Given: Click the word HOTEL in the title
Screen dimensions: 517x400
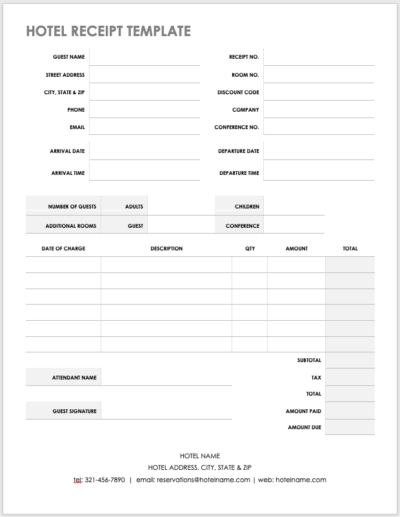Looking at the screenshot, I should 46,31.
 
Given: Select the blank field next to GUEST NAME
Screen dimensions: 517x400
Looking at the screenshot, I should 145,57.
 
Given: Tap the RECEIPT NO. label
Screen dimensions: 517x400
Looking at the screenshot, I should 244,57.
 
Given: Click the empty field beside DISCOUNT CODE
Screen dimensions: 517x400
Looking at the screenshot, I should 319,92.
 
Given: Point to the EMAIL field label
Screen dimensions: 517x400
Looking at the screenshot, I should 77,127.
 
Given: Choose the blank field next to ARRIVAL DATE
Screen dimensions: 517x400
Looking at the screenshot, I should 145,151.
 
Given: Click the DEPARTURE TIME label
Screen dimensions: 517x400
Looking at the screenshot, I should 239,173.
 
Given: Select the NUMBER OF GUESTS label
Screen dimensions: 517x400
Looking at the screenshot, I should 72,207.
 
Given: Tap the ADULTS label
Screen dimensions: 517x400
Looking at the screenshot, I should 134,207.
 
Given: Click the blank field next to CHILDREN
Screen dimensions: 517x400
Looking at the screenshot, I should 294,207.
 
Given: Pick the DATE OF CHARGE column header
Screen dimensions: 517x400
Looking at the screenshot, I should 63,248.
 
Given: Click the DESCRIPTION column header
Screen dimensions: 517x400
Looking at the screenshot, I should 166,248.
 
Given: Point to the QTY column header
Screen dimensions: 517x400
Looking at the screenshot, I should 250,248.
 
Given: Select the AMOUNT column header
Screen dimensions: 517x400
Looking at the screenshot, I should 297,248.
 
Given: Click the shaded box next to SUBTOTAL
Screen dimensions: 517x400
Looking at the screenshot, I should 350,360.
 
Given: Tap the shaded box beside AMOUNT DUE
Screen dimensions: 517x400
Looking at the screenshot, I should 350,427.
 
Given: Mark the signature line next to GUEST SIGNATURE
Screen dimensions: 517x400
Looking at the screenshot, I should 166,411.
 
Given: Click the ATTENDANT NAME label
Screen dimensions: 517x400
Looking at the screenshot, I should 74,378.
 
